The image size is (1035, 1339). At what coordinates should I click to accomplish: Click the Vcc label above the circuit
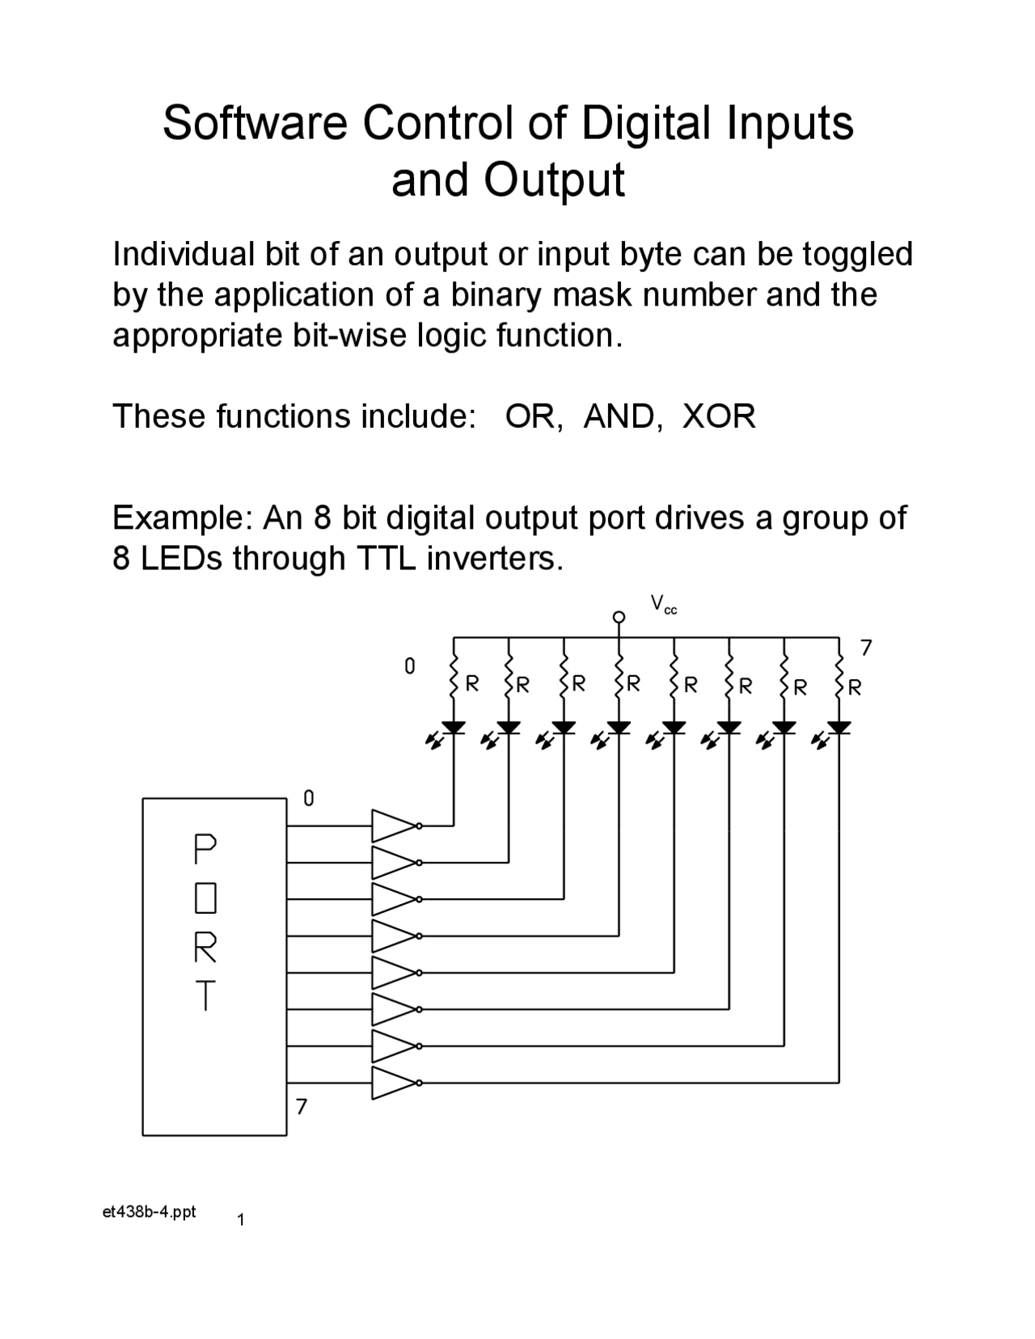click(x=663, y=604)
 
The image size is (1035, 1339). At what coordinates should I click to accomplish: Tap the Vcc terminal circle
click(x=619, y=617)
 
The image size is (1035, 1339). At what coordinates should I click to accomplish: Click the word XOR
click(x=719, y=416)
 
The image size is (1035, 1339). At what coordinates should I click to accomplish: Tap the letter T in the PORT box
click(x=205, y=995)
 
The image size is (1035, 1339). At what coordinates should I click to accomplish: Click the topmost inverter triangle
click(x=393, y=826)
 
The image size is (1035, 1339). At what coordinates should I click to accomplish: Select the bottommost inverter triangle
click(x=393, y=1082)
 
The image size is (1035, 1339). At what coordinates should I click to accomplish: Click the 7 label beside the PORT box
click(x=302, y=1106)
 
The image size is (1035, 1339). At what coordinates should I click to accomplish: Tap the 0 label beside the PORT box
click(x=308, y=799)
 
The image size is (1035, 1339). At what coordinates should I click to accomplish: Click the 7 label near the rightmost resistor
click(x=866, y=648)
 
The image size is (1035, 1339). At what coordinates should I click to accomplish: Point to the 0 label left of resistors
click(x=410, y=666)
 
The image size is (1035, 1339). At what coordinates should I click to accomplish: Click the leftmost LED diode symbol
click(x=454, y=729)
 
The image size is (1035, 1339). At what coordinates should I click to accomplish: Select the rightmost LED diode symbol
click(x=839, y=729)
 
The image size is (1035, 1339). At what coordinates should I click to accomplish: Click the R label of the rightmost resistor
click(x=855, y=687)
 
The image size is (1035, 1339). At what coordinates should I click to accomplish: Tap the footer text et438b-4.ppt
click(x=150, y=1212)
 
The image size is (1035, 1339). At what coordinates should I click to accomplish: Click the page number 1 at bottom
click(x=241, y=1220)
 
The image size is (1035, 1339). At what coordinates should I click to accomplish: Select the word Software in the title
click(x=256, y=124)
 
